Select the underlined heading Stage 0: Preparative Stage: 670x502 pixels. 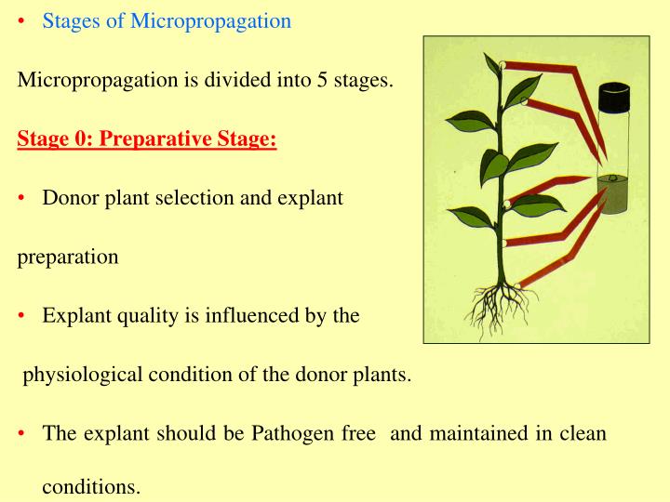coord(147,139)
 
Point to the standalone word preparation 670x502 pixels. coord(68,258)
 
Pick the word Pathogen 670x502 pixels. coord(299,434)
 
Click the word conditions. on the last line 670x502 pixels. coord(91,487)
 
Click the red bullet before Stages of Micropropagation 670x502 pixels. coord(22,21)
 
